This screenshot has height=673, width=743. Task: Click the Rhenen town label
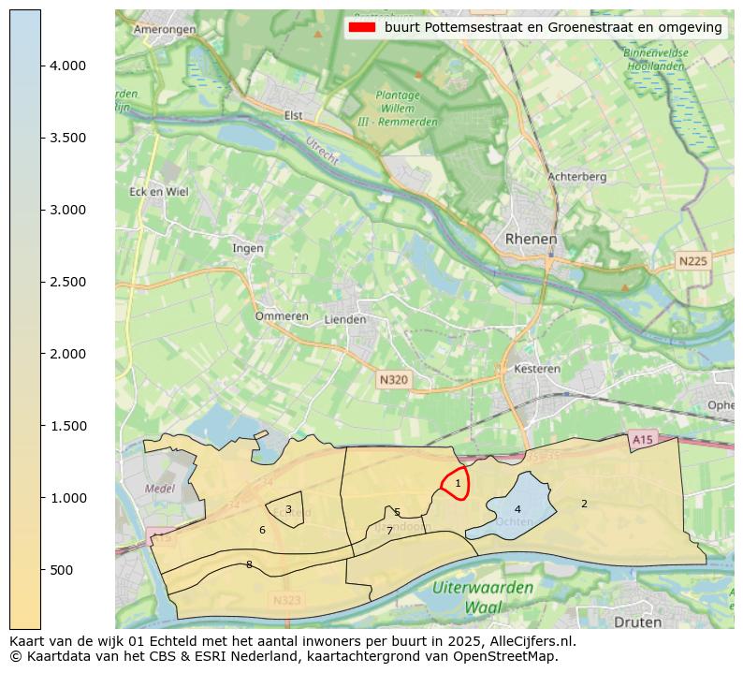click(531, 240)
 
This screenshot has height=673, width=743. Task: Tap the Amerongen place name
click(165, 29)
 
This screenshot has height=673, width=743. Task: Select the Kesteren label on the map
click(537, 369)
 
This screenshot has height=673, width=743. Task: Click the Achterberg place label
click(576, 176)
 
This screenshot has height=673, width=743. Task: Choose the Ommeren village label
click(282, 316)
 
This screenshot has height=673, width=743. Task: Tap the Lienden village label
click(344, 319)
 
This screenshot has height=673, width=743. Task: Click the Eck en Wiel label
click(158, 192)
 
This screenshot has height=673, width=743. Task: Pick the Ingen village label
click(248, 248)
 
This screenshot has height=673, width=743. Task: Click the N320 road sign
click(394, 380)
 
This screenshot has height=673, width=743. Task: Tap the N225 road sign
click(692, 261)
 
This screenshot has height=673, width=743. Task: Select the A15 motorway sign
click(641, 439)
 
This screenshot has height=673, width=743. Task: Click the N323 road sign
click(288, 600)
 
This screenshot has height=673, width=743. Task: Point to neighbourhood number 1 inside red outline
click(458, 483)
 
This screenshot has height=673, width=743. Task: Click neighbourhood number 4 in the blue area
click(517, 509)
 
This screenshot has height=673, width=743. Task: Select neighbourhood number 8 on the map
click(249, 564)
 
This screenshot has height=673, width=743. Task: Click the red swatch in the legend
click(361, 27)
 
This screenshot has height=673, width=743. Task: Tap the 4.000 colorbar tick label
click(67, 66)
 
